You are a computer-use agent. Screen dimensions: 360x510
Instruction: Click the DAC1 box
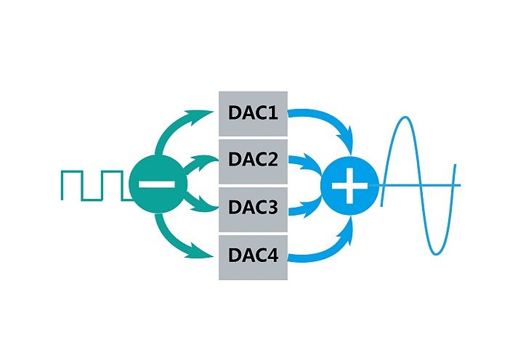point(254,113)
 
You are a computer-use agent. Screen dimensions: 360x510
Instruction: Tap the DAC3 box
point(254,208)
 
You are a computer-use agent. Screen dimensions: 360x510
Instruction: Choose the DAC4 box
point(254,256)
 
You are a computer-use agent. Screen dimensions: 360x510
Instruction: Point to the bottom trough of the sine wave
point(437,253)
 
